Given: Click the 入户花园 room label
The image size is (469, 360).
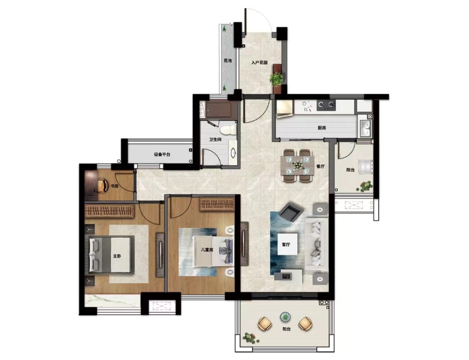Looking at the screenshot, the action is click(259, 63).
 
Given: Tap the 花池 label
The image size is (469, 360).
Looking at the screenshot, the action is click(228, 61).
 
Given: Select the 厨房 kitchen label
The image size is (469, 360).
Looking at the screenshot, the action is click(321, 128).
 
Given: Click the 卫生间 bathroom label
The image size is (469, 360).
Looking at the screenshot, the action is click(215, 140).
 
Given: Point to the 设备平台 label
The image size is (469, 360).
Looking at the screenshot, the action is click(162, 155).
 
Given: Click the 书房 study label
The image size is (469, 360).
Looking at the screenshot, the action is click(115, 186).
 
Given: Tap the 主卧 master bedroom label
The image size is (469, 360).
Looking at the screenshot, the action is click(117, 257).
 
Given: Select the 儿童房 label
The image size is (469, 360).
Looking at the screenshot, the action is click(207, 250).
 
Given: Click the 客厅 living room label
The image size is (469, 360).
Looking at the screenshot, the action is click(286, 245).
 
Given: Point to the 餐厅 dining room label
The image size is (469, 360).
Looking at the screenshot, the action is click(320, 166).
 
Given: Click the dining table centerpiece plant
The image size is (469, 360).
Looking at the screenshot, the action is click(297, 165).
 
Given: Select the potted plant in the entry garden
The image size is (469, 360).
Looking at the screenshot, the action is click(277, 78).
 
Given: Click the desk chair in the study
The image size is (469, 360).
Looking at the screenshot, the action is click(103, 185).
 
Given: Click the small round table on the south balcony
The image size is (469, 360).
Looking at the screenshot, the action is click(285, 317).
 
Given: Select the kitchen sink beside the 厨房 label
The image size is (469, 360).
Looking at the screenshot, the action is click(365, 128).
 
